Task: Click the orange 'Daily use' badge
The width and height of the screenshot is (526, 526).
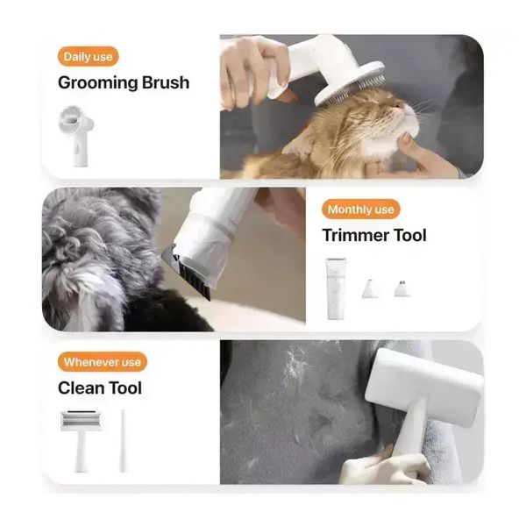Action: click(x=88, y=57)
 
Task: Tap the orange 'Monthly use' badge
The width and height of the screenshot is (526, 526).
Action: click(x=360, y=210)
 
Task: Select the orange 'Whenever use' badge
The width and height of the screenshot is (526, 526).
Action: click(x=103, y=362)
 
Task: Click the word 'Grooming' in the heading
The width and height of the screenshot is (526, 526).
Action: click(x=97, y=83)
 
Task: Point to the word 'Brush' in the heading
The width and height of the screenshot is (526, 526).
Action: click(x=166, y=82)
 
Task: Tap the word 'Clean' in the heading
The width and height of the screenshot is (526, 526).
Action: click(x=81, y=387)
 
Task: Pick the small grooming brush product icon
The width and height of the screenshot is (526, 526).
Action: click(x=75, y=136)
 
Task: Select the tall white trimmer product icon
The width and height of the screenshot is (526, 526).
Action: click(x=336, y=288)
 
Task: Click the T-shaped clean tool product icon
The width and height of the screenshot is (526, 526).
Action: click(x=81, y=439)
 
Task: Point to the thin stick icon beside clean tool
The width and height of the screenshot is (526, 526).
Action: click(x=123, y=440)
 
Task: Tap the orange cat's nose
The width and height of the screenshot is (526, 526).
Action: click(x=399, y=105)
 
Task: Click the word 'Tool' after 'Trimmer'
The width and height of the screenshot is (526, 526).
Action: click(x=410, y=235)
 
